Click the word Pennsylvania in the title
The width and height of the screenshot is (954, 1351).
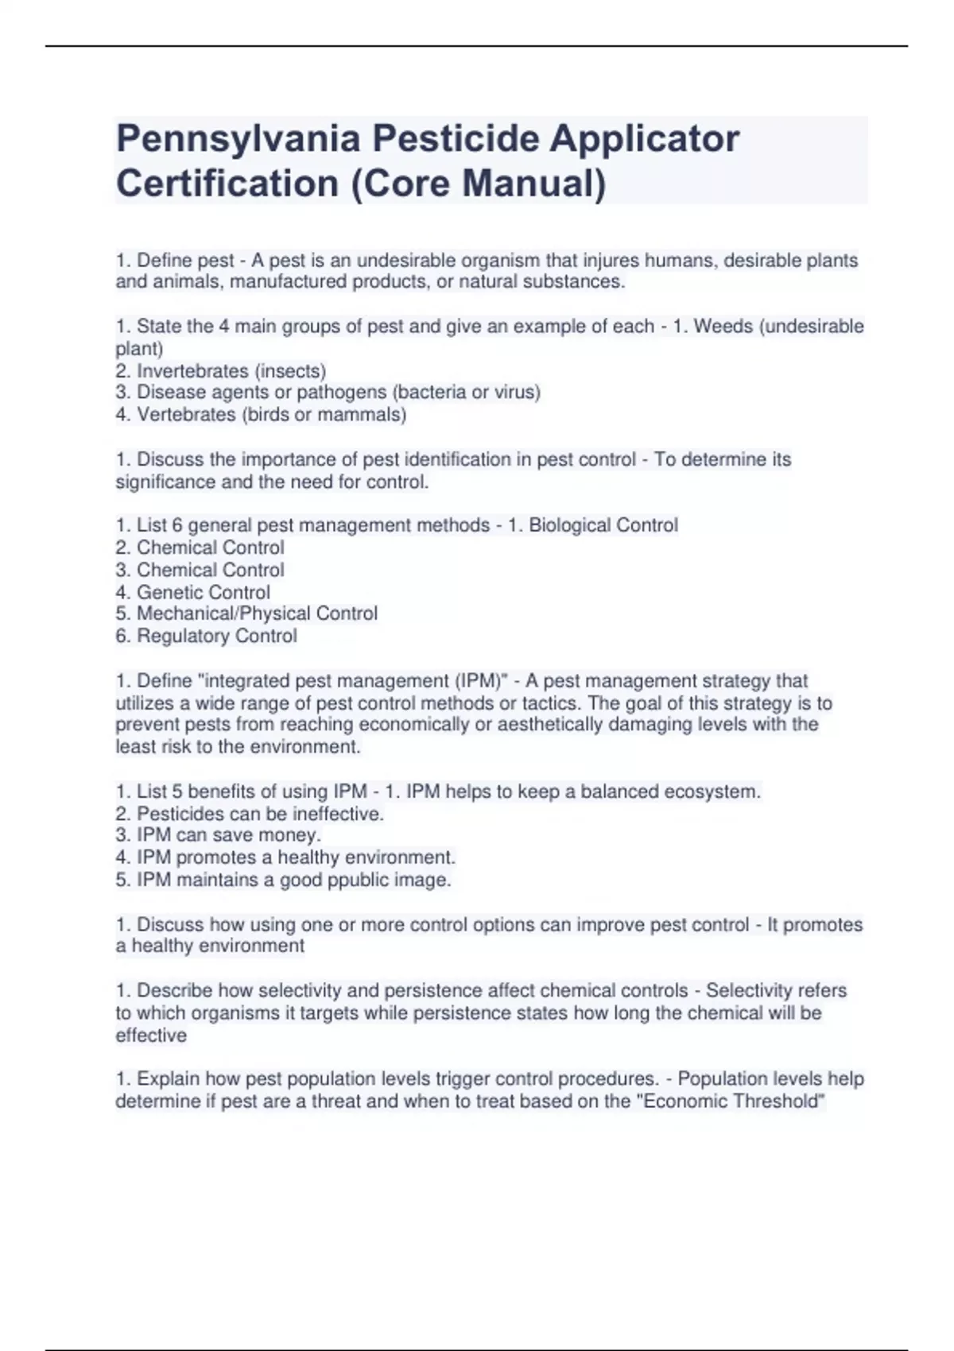[238, 140]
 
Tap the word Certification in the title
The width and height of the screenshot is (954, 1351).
[227, 184]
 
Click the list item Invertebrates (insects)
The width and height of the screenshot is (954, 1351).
[220, 371]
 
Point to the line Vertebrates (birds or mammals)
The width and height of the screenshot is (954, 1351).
[261, 415]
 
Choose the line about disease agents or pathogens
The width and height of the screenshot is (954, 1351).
[328, 393]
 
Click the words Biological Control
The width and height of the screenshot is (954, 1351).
[603, 525]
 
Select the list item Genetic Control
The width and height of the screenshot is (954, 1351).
[203, 592]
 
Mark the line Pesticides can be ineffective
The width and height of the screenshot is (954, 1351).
[250, 814]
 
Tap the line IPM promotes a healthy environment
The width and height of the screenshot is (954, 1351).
[285, 857]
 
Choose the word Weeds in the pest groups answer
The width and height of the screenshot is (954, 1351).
[723, 327]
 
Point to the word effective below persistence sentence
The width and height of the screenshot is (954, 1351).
[151, 1036]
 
